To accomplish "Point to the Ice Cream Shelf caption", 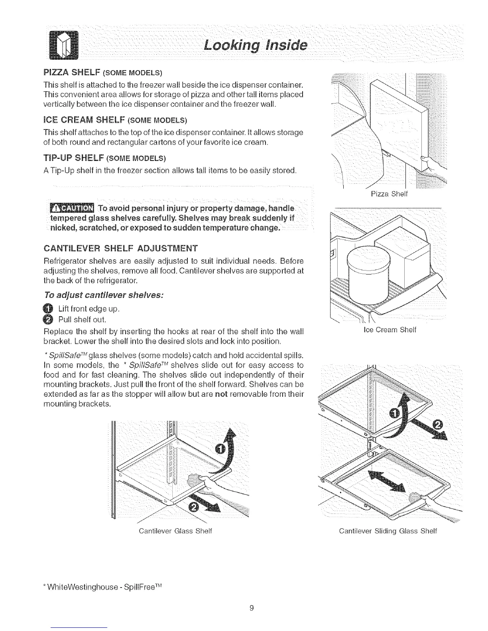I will pos(390,330).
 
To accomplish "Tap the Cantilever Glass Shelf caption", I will pos(175,531).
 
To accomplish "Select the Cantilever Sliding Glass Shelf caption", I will pos(388,531).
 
